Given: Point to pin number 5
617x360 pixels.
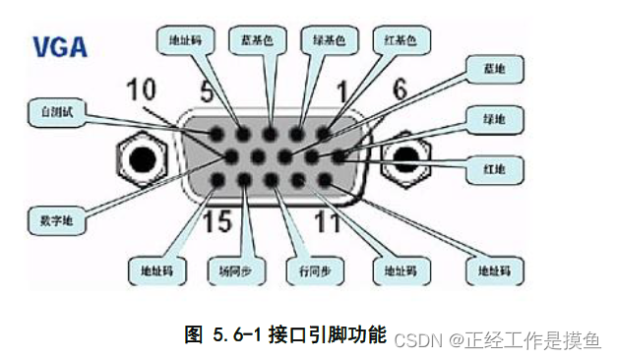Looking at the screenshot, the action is tap(207, 94).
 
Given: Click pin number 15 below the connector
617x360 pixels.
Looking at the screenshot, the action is tap(217, 216).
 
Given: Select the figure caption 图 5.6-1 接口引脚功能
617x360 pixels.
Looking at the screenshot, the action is tap(285, 334).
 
